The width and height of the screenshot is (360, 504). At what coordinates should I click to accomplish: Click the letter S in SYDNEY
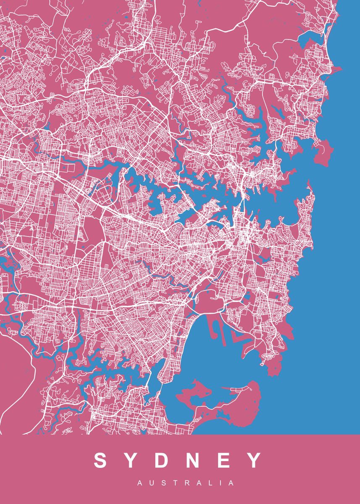[x=101, y=460]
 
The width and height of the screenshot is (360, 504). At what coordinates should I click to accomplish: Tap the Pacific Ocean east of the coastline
[x=336, y=252]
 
